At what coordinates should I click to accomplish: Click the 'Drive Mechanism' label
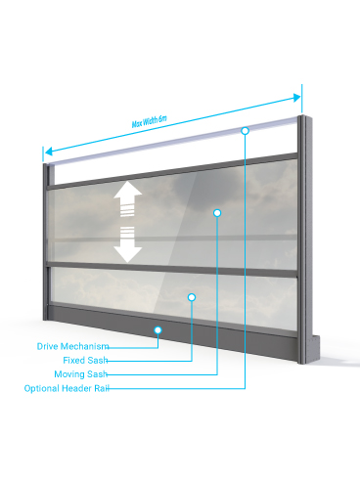click(72, 346)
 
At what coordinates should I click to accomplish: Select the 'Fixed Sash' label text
click(85, 360)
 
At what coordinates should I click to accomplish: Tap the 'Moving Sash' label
click(81, 374)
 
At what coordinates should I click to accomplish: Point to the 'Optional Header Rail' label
click(67, 388)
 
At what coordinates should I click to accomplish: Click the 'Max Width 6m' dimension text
click(149, 121)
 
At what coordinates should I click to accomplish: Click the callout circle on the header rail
click(246, 131)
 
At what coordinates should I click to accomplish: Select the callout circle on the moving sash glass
click(217, 213)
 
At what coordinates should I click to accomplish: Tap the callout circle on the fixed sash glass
click(192, 297)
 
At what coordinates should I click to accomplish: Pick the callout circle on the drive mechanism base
click(157, 330)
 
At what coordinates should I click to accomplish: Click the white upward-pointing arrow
click(127, 197)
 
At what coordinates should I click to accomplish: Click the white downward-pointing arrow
click(127, 245)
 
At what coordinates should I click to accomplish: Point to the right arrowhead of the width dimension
click(296, 98)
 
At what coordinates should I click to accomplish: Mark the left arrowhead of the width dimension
click(49, 152)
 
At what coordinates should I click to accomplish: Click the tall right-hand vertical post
click(305, 239)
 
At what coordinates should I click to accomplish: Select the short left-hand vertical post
click(46, 241)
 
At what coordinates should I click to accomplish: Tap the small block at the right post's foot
click(316, 348)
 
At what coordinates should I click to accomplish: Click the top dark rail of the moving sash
click(172, 171)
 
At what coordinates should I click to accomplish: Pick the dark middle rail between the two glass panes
click(172, 269)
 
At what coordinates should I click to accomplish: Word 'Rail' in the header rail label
click(102, 388)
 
